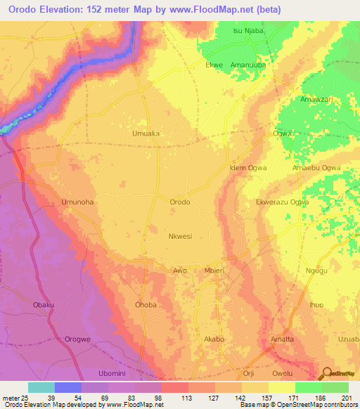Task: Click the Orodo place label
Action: coord(180,202)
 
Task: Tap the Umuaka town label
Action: coord(146,133)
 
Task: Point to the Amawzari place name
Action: coord(316,100)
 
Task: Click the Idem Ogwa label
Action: coord(249,168)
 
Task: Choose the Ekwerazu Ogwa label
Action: coord(283,202)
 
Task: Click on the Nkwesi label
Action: coord(180,236)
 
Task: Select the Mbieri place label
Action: coord(214,270)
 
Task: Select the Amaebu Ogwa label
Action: coord(316,168)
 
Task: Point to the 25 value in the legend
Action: coord(23,398)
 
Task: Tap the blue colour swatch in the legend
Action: coord(68,387)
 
